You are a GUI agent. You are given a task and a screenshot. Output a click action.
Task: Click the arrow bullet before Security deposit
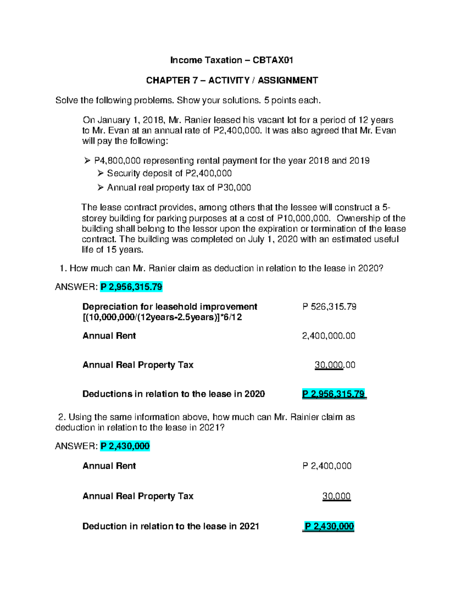tap(100, 173)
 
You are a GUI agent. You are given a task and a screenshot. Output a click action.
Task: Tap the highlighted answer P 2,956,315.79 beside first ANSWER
tap(131, 287)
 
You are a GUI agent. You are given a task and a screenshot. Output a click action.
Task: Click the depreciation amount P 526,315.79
tap(329, 307)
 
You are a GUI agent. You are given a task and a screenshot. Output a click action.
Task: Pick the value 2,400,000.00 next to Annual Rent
tap(328, 336)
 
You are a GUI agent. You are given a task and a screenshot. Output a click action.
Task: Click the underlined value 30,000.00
tap(335, 365)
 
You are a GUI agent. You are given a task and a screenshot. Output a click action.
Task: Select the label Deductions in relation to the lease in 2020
tap(174, 394)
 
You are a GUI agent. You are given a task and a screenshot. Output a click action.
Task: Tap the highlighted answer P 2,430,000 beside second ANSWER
tap(125, 446)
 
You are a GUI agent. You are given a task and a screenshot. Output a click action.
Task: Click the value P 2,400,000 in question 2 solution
tap(327, 466)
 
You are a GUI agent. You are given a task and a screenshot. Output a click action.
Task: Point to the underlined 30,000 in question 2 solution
tap(336, 496)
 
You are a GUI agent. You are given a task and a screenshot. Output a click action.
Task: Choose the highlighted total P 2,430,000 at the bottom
tap(329, 527)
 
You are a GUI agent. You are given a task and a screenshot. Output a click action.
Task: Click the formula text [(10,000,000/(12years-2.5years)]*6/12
tap(162, 317)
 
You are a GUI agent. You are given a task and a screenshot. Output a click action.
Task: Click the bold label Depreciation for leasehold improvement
tap(170, 307)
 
